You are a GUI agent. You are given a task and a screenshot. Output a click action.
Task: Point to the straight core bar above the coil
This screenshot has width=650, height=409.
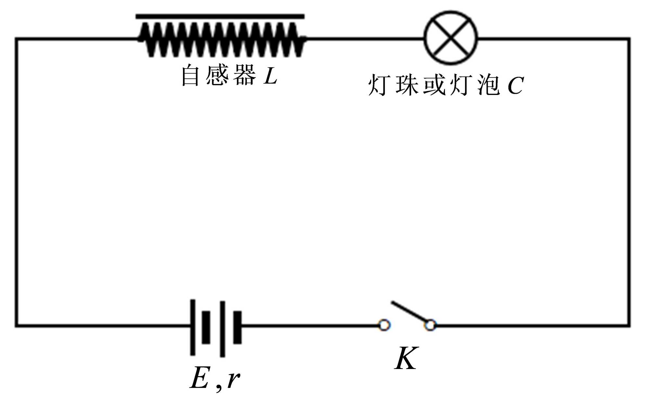pos(220,16)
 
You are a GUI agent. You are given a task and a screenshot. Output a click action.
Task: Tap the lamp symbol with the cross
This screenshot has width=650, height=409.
pos(451,38)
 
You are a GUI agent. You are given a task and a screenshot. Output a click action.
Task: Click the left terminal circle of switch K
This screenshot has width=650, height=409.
pos(384,325)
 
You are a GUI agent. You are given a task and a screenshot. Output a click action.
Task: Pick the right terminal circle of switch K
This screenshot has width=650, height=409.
pos(430,325)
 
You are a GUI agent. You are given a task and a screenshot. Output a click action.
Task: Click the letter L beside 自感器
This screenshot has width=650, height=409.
pos(270,76)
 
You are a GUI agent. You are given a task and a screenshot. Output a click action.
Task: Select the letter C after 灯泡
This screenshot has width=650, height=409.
pos(515,86)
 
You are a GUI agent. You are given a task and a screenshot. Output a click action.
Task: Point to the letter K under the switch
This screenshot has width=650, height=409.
pos(406,358)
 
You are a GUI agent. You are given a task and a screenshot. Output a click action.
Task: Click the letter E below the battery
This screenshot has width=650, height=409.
pos(199,378)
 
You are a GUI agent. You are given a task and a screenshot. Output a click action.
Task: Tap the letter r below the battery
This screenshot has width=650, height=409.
pos(233,379)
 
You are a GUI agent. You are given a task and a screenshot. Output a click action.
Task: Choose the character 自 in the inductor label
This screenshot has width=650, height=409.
pos(190,75)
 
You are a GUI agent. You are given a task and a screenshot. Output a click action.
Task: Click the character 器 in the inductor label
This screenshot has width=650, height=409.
pos(244,75)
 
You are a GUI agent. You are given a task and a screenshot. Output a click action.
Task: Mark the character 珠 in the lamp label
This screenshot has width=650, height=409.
pos(407,85)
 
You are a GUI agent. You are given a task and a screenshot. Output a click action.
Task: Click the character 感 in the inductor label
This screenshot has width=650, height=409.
pos(217,75)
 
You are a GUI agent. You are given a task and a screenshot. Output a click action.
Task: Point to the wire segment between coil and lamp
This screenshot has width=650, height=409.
pos(364,39)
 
